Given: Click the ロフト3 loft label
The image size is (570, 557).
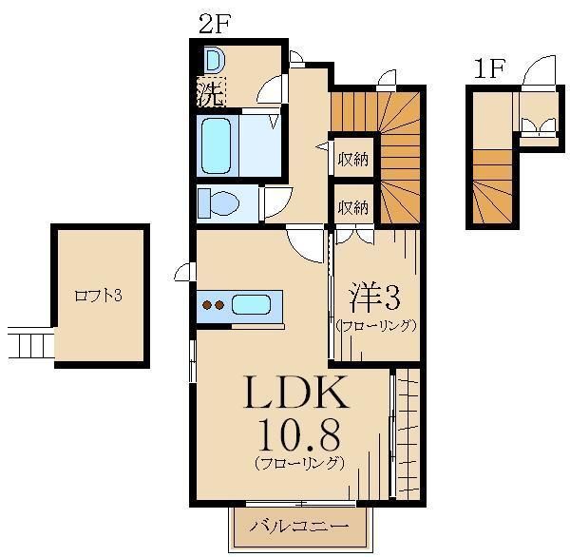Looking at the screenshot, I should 99,296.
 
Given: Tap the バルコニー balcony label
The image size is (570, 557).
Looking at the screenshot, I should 298,526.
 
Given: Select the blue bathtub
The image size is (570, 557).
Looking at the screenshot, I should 217,145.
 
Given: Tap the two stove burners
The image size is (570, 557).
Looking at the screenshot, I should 214,305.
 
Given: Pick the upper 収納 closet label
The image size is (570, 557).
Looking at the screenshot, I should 353,160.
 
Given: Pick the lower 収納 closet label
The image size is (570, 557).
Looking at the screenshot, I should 353,207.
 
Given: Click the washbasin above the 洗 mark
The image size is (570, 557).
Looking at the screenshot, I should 214,61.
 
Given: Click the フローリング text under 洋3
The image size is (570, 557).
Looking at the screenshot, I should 376,325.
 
